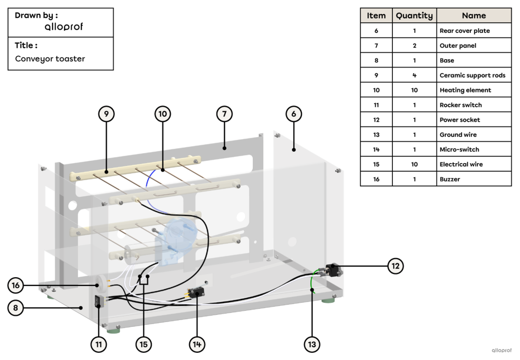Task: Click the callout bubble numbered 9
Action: click(106, 114)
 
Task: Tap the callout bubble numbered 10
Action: click(163, 114)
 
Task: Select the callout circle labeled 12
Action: click(395, 266)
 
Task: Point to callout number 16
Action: click(16, 285)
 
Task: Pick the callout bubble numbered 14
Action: click(197, 344)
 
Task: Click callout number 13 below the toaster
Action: click(312, 344)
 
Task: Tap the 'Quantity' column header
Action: click(414, 15)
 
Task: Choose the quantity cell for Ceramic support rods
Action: click(414, 75)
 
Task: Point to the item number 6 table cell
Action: click(376, 30)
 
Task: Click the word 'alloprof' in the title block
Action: click(64, 27)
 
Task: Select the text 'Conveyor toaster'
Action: click(50, 59)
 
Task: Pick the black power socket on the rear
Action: click(333, 269)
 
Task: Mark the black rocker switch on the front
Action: click(99, 302)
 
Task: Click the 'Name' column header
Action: click(473, 15)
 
